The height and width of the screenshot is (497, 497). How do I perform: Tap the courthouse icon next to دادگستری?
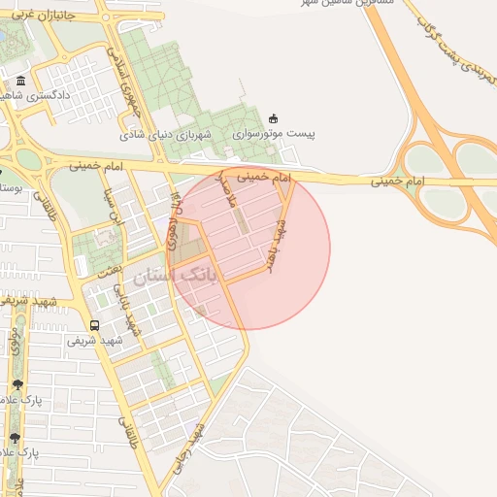click(21, 80)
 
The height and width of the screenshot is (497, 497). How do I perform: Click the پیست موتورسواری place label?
click(281, 133)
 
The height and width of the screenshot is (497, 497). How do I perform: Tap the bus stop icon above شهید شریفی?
click(94, 325)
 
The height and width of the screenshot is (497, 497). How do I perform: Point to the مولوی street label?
click(16, 341)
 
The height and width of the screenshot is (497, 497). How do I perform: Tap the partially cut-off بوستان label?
click(10, 184)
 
